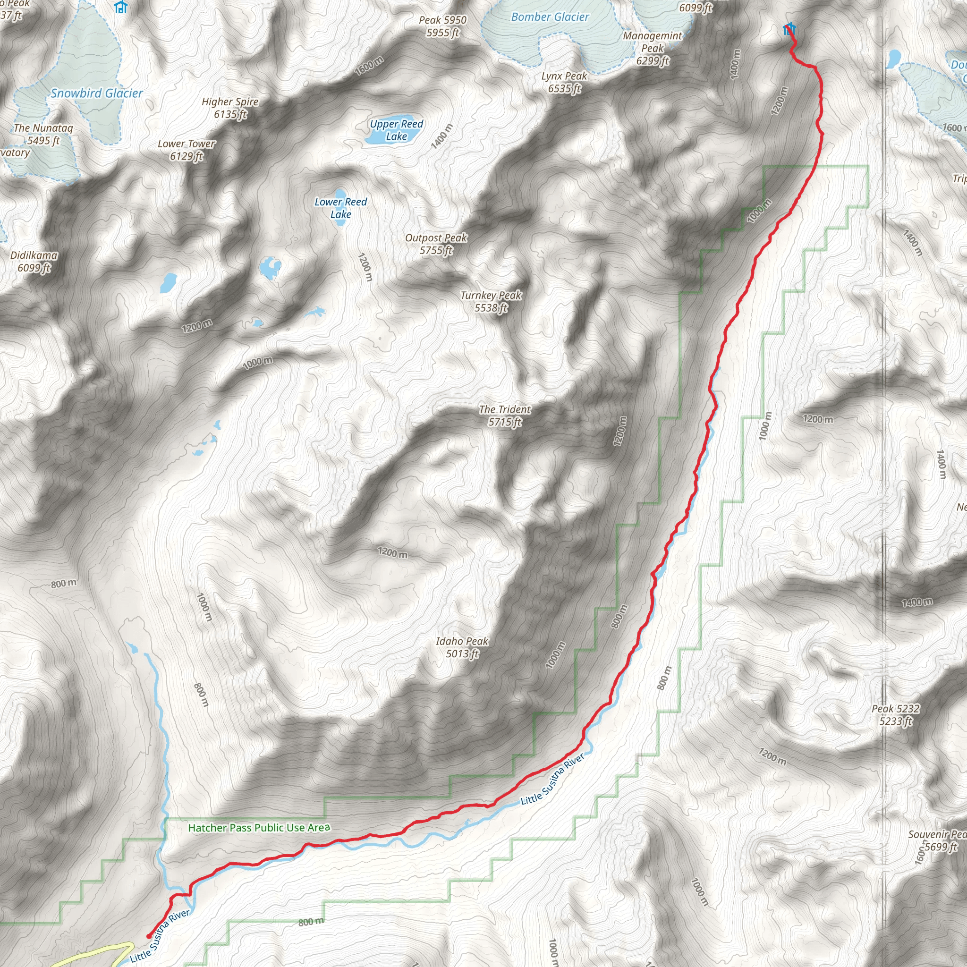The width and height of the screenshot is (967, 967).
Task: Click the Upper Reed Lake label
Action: click(x=397, y=130)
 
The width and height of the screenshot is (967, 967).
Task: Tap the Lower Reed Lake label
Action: click(x=340, y=208)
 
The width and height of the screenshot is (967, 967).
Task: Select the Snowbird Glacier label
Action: click(x=97, y=93)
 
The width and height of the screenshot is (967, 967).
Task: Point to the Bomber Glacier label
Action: click(x=550, y=17)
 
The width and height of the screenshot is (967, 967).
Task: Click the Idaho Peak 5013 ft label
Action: click(x=462, y=647)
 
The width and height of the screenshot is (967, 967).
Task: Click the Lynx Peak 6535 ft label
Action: click(x=564, y=82)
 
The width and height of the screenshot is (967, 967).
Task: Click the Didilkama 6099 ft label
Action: click(x=34, y=261)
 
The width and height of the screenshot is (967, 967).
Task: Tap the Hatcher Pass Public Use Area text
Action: click(x=259, y=828)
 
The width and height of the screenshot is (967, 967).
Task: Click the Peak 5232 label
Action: click(x=895, y=715)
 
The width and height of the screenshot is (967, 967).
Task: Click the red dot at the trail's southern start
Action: click(x=149, y=935)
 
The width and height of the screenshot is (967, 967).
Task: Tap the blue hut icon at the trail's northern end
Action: click(x=789, y=29)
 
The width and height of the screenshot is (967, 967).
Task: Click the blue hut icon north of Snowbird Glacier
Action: click(x=120, y=7)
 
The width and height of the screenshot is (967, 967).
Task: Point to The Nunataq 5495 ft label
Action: click(x=43, y=134)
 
